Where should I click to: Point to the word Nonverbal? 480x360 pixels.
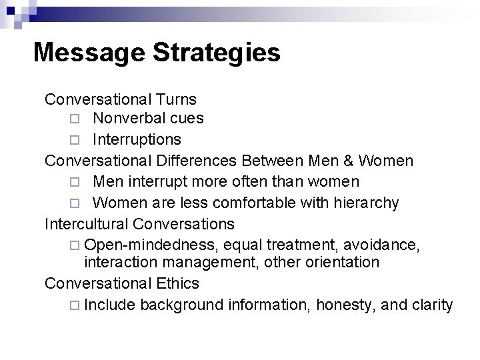click(x=125, y=119)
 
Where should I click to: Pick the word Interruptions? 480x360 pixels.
click(x=137, y=140)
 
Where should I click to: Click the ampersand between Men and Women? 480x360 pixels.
click(x=351, y=161)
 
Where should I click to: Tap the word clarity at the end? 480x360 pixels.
click(x=431, y=305)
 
